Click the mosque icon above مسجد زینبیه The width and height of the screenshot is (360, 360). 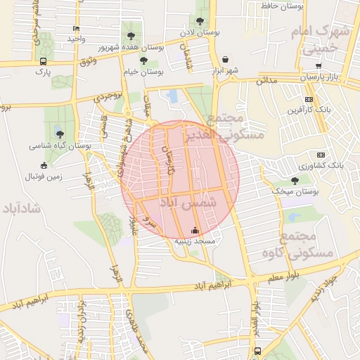195,230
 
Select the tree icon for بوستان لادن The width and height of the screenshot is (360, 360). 201,22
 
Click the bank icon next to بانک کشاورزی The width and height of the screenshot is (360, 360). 321,155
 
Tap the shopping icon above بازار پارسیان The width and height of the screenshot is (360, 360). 319,65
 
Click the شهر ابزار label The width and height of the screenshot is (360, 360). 226,71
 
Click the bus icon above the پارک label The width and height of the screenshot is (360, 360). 44,61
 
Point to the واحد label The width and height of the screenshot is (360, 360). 77,38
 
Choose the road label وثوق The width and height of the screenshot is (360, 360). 88,63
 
